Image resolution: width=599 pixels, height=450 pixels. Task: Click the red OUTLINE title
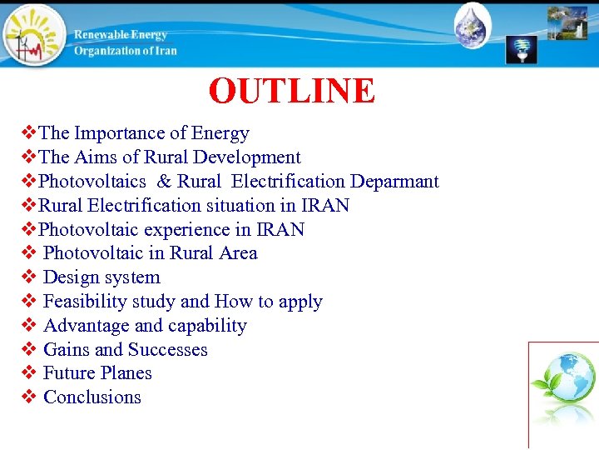pyautogui.click(x=292, y=91)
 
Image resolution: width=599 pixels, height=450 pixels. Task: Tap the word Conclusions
pyautogui.click(x=92, y=397)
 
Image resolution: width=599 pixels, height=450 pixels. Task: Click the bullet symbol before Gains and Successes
pyautogui.click(x=27, y=350)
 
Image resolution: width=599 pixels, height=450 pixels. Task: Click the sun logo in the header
pyautogui.click(x=34, y=35)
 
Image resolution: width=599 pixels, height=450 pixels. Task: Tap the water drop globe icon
pyautogui.click(x=473, y=27)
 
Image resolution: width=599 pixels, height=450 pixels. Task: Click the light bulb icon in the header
pyautogui.click(x=522, y=49)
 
